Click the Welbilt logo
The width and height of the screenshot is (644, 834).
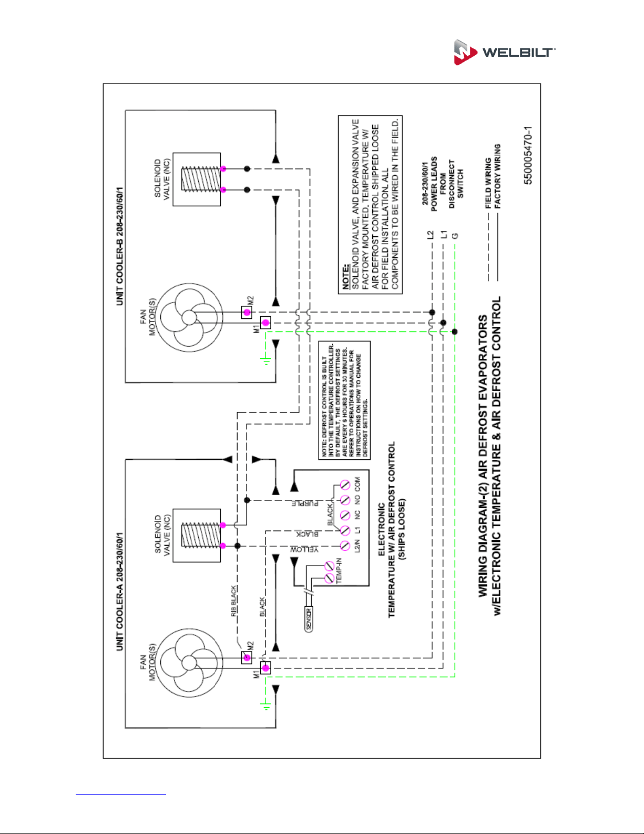[x=505, y=52]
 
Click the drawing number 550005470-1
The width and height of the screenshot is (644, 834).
[x=528, y=155]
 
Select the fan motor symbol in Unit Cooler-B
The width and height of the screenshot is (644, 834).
[x=189, y=317]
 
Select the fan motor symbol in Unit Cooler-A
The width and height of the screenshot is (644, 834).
[x=189, y=663]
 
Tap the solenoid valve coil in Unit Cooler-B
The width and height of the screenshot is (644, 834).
[x=201, y=179]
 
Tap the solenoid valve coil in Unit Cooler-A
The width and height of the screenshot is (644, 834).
[x=201, y=536]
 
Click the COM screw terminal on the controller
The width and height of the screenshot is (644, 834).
[x=345, y=485]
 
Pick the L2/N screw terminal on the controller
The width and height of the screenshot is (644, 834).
[x=345, y=545]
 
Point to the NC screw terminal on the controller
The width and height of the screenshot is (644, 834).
[x=345, y=515]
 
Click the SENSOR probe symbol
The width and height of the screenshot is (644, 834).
[x=309, y=619]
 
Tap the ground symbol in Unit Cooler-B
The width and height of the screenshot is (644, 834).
[x=265, y=360]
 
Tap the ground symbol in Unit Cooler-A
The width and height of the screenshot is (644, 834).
[x=265, y=706]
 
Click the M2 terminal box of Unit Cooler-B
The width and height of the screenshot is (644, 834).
[x=247, y=313]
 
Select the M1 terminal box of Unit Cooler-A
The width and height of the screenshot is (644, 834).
[x=265, y=668]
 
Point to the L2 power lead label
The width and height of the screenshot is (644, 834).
[x=431, y=235]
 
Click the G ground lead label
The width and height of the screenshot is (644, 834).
[x=455, y=236]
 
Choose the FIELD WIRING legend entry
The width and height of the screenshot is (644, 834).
[x=488, y=184]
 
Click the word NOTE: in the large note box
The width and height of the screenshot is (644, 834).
[x=346, y=276]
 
